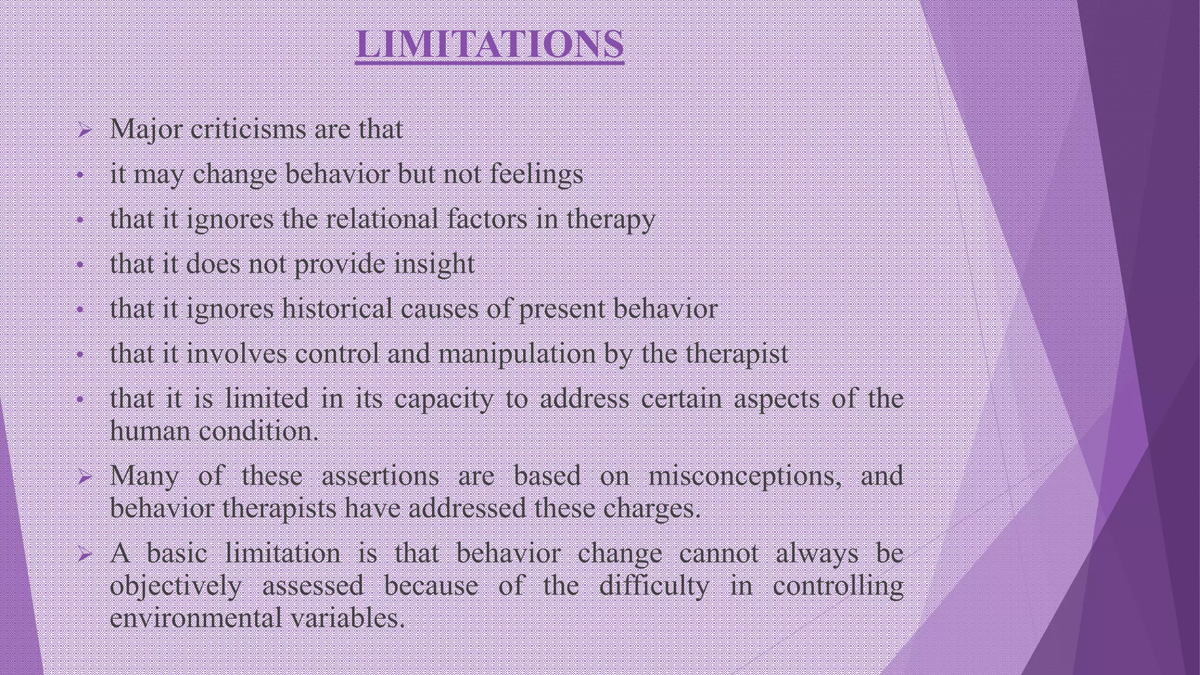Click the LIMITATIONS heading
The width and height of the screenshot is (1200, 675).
(490, 44)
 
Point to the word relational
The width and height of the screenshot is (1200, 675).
(381, 219)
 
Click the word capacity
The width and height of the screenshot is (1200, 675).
(444, 399)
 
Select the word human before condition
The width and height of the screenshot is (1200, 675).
(151, 432)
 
